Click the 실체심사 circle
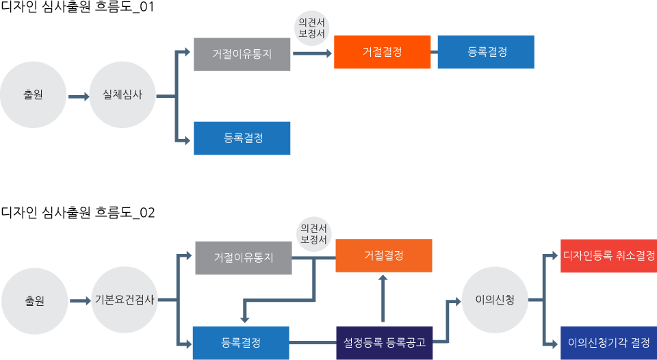point(123,95)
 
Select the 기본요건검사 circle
point(124,300)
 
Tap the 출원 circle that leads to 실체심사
point(33,95)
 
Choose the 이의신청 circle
point(495,300)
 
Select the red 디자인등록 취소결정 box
point(608,256)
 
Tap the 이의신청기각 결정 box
point(608,343)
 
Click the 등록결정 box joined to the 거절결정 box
point(485,52)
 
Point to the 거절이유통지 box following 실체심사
point(242,54)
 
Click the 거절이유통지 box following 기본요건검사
point(244,258)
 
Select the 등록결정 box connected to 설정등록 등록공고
point(241,343)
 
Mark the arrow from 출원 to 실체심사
point(79,97)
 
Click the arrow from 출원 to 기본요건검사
point(80,300)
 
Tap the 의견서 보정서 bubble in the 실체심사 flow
point(311,28)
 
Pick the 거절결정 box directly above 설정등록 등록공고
point(383,256)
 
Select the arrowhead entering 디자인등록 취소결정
point(555,256)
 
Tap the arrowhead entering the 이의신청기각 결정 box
point(555,343)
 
